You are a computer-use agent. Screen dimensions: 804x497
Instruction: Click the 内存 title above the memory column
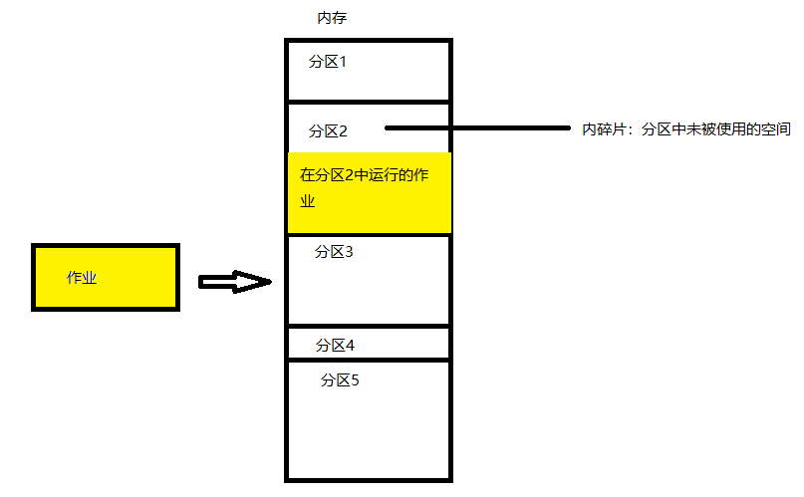(x=331, y=18)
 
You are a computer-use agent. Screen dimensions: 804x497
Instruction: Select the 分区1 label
(x=328, y=62)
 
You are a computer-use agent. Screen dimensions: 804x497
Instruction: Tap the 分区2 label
(x=328, y=130)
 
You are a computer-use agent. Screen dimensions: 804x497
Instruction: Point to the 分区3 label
(x=334, y=251)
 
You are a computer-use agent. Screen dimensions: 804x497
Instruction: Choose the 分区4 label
(x=336, y=346)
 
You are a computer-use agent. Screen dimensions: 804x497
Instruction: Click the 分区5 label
(x=340, y=379)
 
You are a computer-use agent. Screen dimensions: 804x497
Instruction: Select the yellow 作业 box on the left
(x=106, y=277)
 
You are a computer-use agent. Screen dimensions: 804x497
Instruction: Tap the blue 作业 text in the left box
(x=82, y=278)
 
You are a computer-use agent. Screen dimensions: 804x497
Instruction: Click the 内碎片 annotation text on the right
(x=605, y=129)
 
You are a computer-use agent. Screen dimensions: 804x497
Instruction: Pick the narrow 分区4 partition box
(x=369, y=344)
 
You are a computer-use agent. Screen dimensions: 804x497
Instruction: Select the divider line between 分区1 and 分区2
(x=369, y=101)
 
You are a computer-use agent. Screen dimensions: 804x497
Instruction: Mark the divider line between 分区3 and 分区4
(x=369, y=326)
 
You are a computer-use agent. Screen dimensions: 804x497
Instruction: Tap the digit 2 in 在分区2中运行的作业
(x=349, y=175)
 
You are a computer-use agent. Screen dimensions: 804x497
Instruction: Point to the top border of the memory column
(x=369, y=40)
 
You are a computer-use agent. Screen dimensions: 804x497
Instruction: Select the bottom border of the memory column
(x=369, y=479)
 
